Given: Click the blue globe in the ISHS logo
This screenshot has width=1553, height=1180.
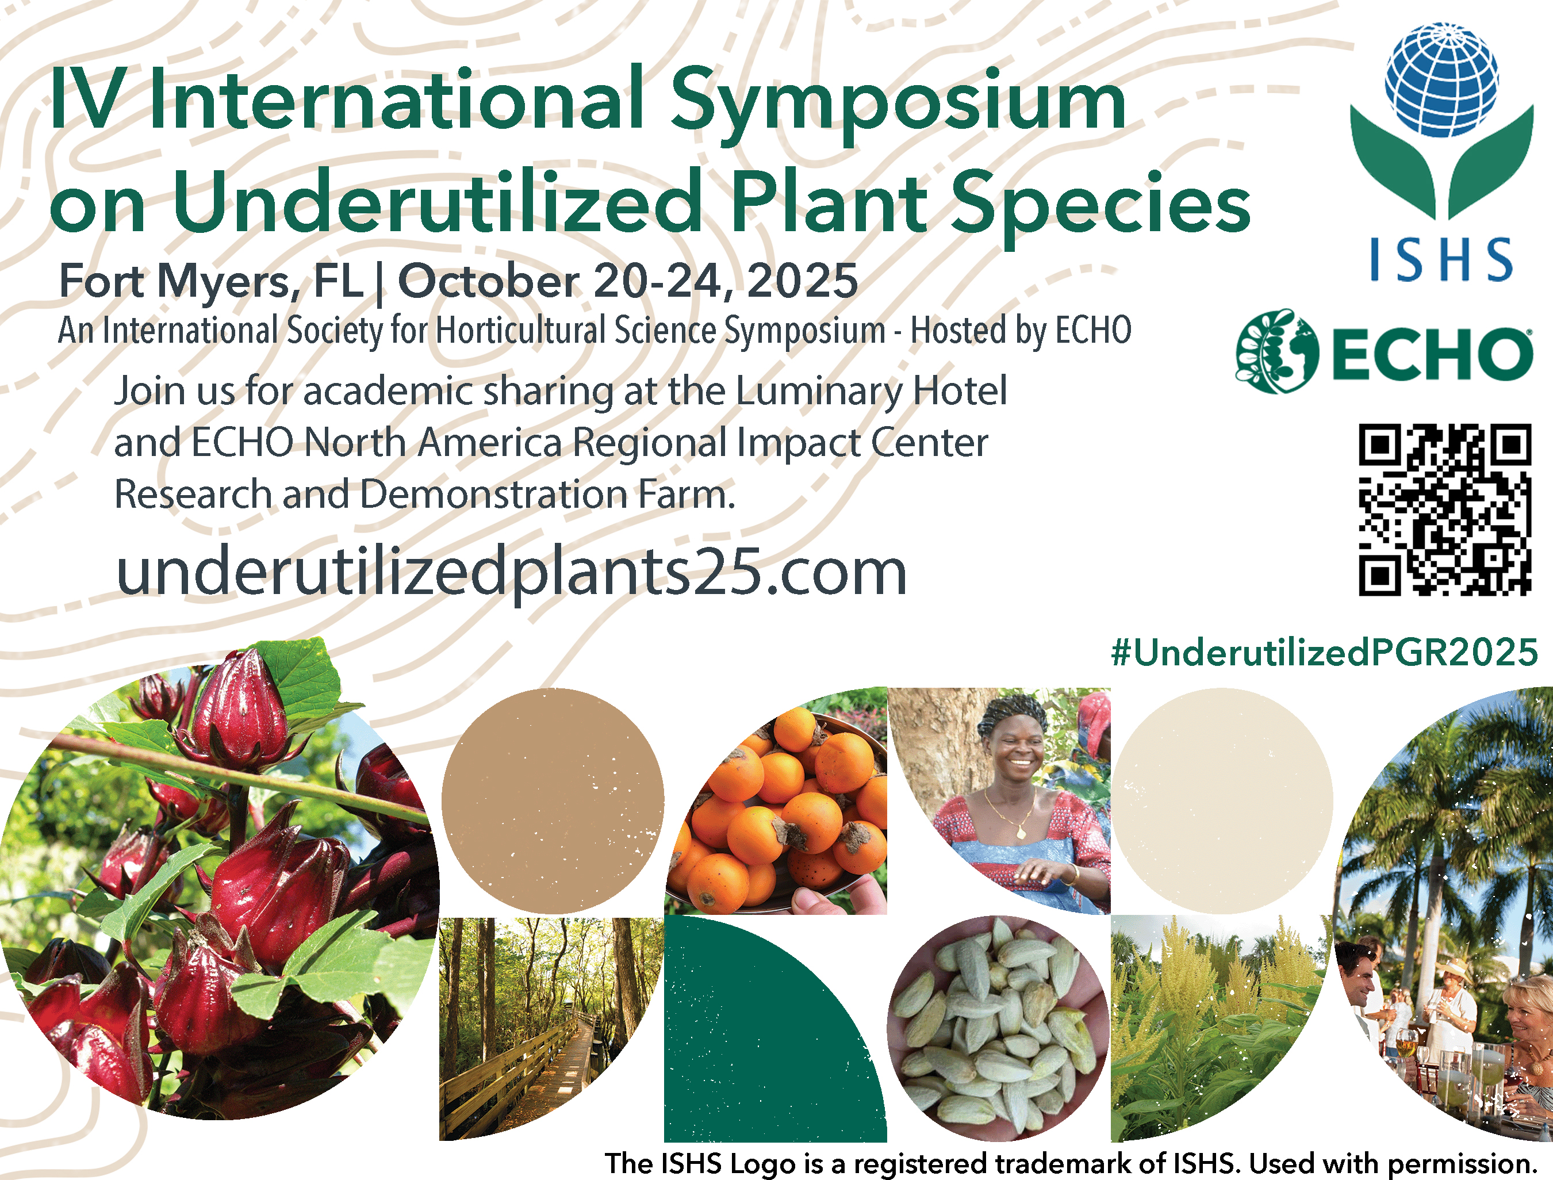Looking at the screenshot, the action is tap(1441, 79).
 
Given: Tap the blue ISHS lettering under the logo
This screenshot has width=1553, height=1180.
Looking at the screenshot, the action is tap(1441, 259).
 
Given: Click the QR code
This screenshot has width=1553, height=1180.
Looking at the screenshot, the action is tap(1445, 510).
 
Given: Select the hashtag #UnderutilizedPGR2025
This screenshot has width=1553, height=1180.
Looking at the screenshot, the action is tap(1324, 653).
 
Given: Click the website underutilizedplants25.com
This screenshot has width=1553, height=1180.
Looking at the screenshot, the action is tap(511, 572).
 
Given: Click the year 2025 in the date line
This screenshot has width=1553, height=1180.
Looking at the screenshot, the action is tap(803, 281).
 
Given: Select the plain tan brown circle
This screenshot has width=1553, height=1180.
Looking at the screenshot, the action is tap(553, 800).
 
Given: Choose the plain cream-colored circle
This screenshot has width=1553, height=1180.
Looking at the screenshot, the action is tap(1222, 800).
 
